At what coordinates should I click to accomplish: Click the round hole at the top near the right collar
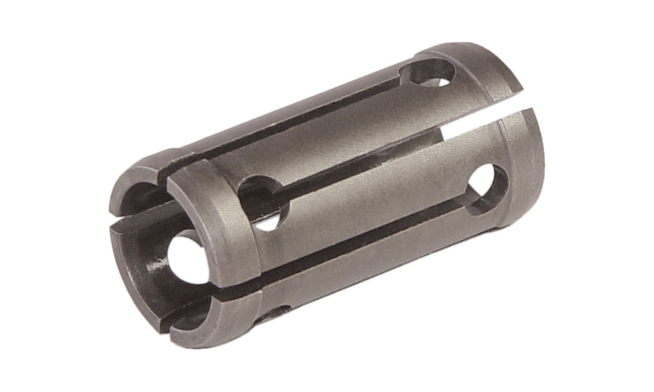click(432, 73)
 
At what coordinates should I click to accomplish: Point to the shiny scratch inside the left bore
click(157, 269)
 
